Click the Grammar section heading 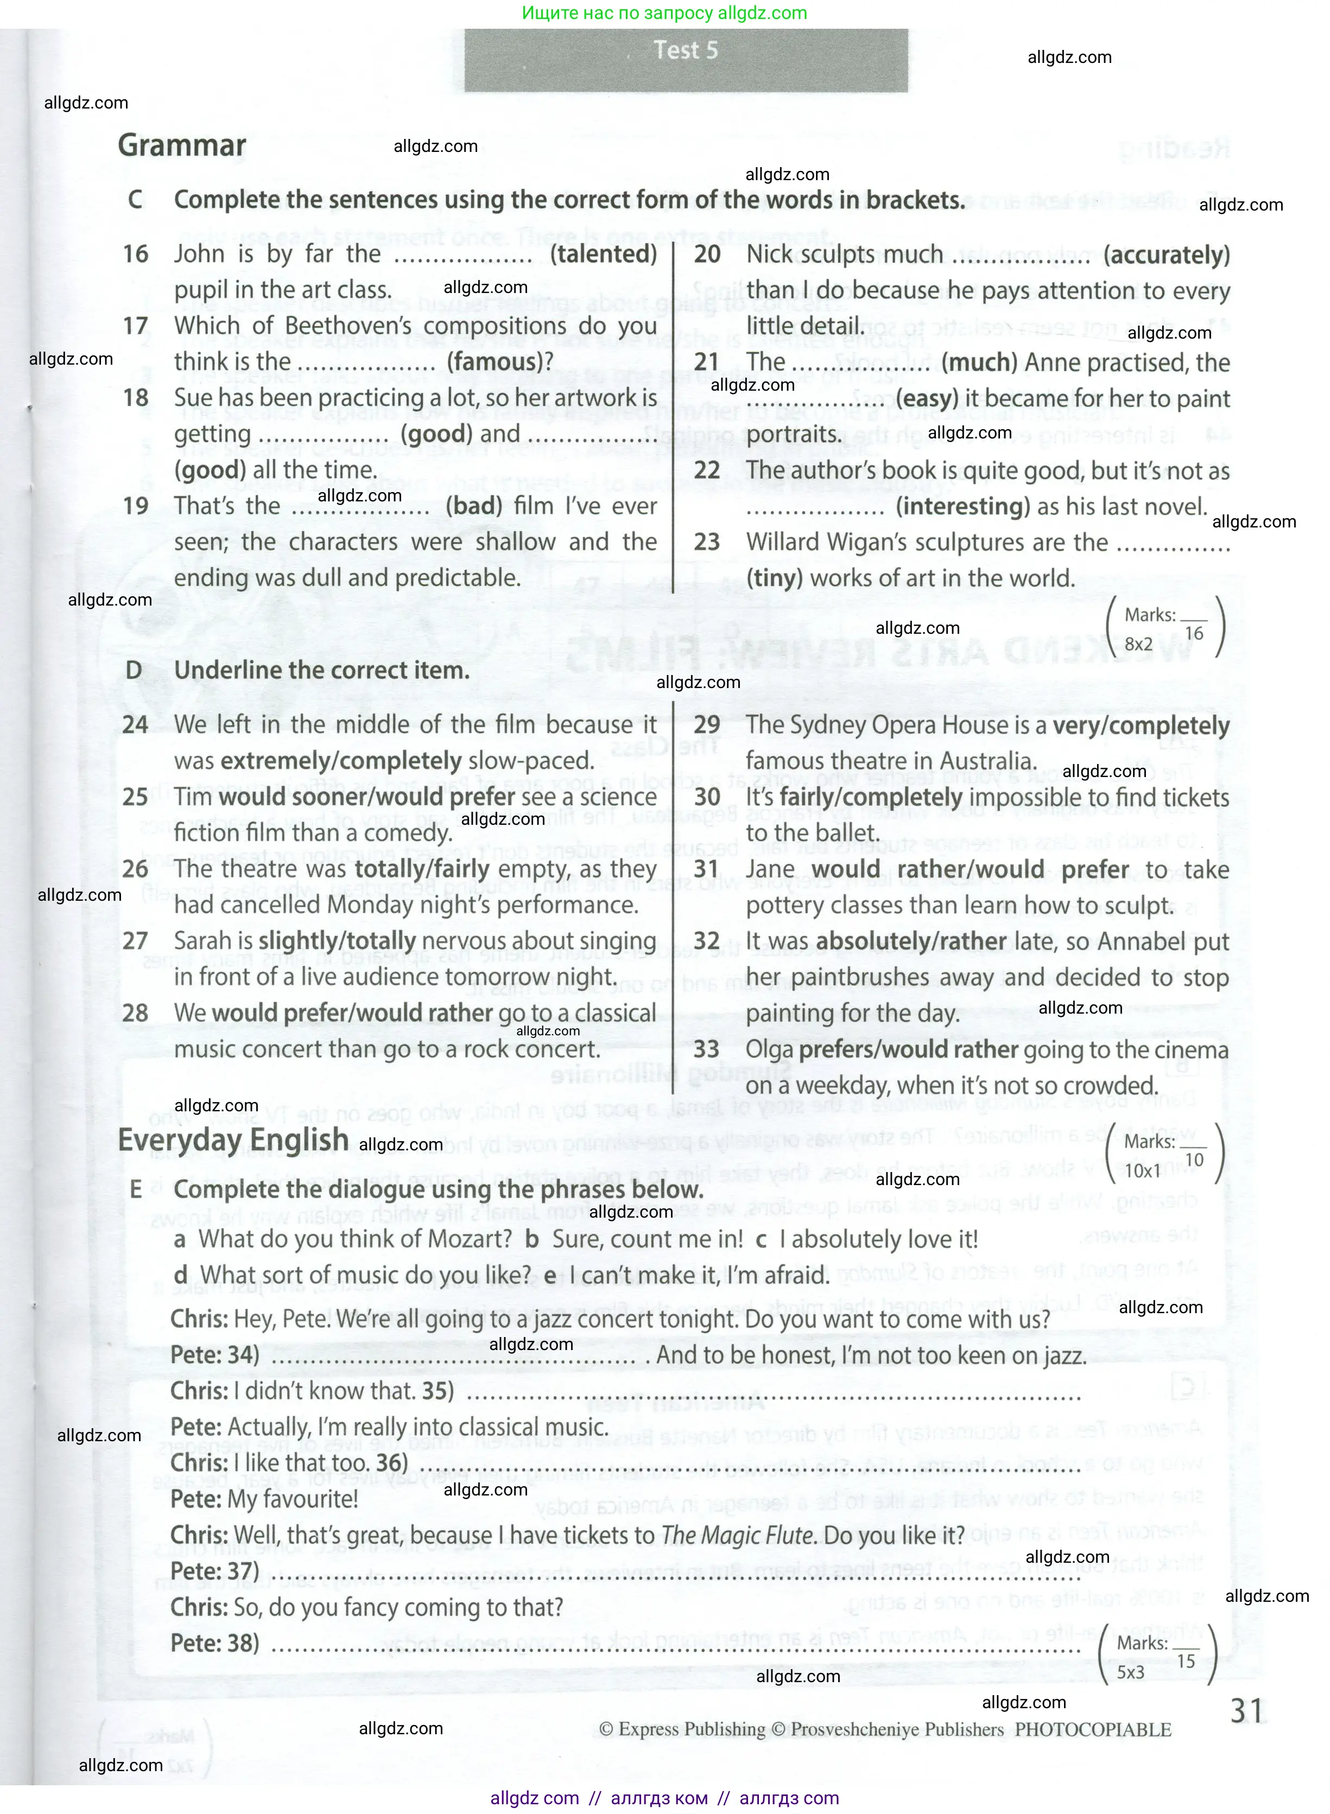tap(182, 145)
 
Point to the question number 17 tap(135, 326)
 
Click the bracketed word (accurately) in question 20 tap(1167, 254)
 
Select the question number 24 tap(135, 724)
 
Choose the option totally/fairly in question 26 tap(423, 869)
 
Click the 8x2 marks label tap(1138, 645)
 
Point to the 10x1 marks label tap(1142, 1171)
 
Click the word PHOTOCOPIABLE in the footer tap(1092, 1729)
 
